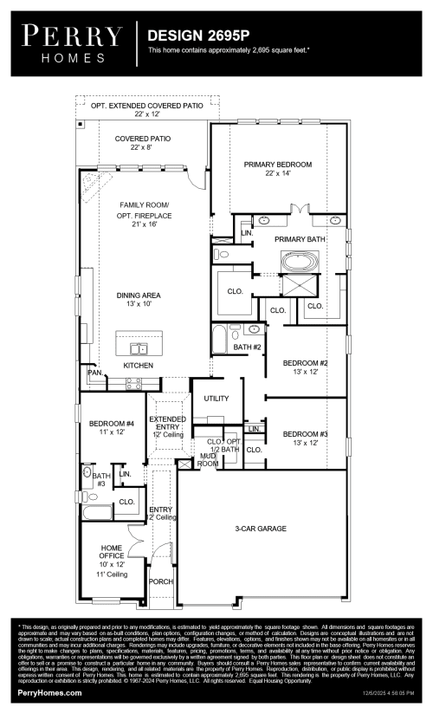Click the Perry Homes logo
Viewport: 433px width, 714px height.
tap(74, 43)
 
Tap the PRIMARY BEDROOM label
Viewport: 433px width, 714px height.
tap(277, 164)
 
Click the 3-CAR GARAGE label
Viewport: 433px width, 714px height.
tap(260, 528)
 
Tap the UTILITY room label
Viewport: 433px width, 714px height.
tap(216, 398)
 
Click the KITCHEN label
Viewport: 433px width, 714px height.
tap(138, 366)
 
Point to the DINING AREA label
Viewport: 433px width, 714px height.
tap(139, 295)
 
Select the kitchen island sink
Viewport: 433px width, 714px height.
tap(138, 348)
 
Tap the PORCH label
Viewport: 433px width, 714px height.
tap(161, 581)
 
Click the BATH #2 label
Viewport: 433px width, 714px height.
tap(247, 347)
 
